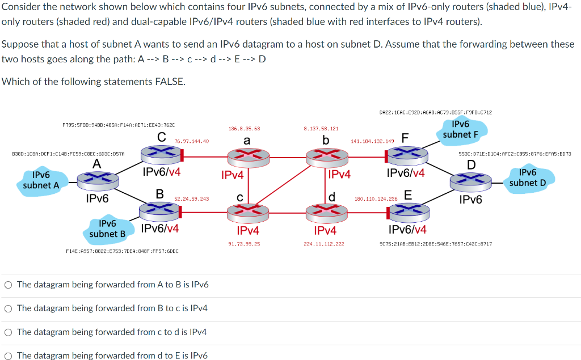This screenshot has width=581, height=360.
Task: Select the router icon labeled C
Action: tap(162, 153)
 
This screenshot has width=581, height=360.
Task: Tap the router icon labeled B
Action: tap(159, 211)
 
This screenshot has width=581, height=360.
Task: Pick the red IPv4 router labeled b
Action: tap(326, 154)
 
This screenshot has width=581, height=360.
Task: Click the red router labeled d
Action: tap(326, 211)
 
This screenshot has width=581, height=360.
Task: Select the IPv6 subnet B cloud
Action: tap(108, 228)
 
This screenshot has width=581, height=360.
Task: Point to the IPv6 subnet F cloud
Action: tap(461, 129)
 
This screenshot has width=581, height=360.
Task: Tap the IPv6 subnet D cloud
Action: tap(528, 177)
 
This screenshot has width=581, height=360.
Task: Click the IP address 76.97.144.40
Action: tap(192, 141)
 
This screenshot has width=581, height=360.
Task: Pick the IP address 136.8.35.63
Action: tap(244, 129)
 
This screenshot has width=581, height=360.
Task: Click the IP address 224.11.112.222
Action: tap(324, 243)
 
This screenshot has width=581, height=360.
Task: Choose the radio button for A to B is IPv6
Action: tap(8, 285)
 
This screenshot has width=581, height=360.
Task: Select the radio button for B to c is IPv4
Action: tap(8, 308)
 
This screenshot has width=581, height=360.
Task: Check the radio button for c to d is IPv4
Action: tap(8, 332)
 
